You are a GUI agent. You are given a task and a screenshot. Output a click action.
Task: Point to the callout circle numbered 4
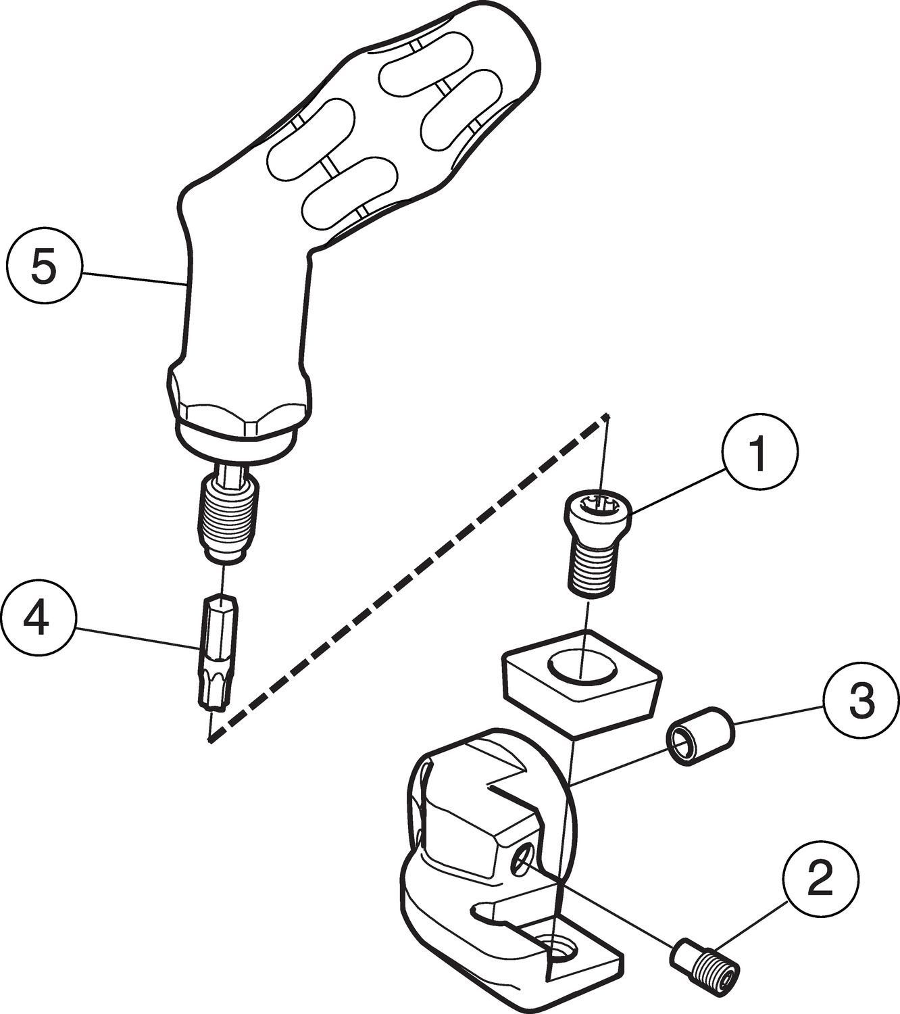coord(39,619)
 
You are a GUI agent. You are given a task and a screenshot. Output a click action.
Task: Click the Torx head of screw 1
coord(597,506)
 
